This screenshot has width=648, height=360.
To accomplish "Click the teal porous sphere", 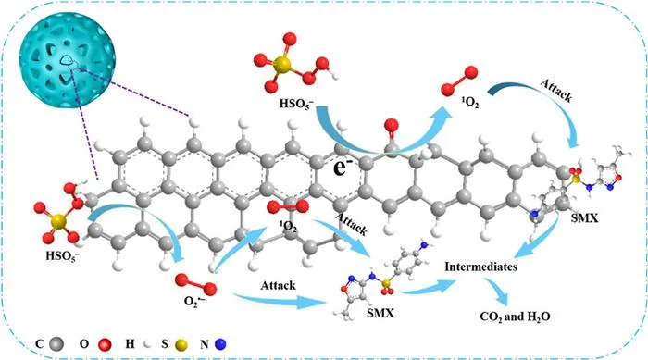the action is point(68,60).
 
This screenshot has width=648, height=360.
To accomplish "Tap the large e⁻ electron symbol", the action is point(342,168).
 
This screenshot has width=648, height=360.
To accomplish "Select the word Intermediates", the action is point(480,267).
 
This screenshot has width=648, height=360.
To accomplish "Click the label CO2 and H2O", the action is point(515,317).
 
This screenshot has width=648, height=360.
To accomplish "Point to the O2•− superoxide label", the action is point(194,302).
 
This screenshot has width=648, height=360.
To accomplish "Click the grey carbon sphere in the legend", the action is point(56,344).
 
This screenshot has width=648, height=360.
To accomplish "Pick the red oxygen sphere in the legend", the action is point(105,344).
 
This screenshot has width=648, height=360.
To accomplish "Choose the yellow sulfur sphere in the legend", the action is point(181,344).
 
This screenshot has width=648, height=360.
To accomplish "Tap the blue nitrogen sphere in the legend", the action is point(220,344).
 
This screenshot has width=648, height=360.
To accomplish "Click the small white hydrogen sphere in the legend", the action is point(146,344).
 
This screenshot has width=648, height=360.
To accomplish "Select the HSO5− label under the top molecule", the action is point(298,104).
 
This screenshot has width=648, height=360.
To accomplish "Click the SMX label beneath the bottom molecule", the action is point(380,313).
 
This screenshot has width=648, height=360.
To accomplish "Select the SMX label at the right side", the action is point(584,217).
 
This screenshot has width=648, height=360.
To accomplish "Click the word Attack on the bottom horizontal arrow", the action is point(278,285).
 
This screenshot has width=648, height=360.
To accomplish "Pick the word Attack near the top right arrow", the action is point(556,91).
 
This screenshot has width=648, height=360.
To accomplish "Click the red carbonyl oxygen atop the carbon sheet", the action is point(391,125).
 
